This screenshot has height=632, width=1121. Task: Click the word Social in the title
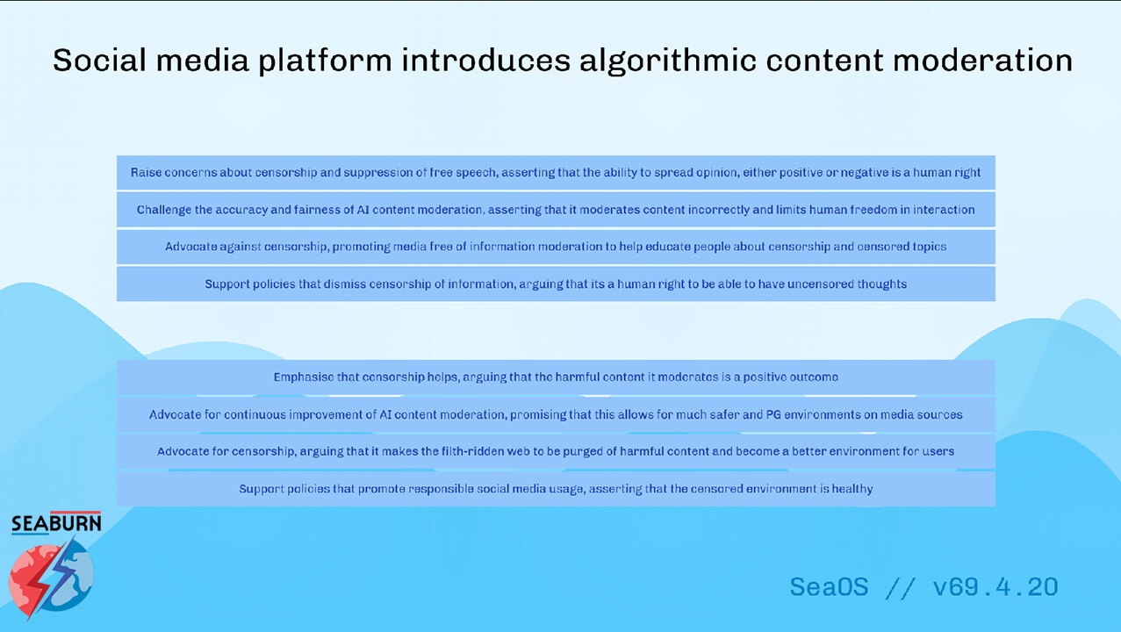[x=99, y=60]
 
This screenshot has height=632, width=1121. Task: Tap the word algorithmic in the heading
[x=667, y=61]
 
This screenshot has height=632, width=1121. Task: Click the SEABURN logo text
[x=56, y=523]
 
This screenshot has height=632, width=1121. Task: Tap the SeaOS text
[x=829, y=586]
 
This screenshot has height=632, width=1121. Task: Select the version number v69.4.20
[x=995, y=586]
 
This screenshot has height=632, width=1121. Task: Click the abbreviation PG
[x=773, y=414]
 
